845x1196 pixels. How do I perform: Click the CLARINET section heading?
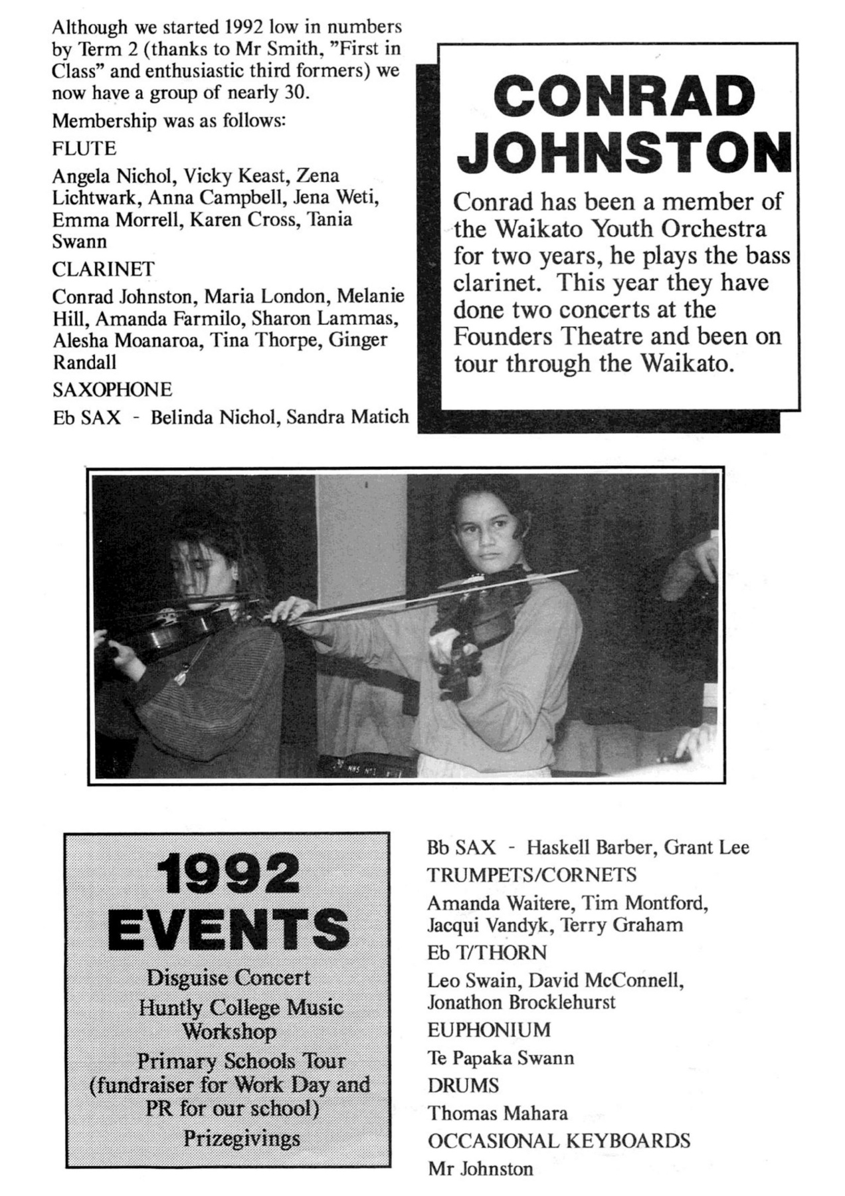click(104, 269)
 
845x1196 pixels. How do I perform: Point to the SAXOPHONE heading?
click(112, 389)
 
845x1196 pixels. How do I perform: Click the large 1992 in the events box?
click(228, 875)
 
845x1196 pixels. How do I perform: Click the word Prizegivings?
click(242, 1139)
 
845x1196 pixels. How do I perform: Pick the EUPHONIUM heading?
click(489, 1030)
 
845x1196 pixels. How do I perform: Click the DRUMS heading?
click(463, 1086)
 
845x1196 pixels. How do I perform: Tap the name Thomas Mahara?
click(498, 1113)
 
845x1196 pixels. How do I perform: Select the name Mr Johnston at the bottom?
click(480, 1169)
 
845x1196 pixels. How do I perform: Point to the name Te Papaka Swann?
click(500, 1058)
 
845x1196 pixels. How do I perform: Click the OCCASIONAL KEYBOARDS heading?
click(559, 1141)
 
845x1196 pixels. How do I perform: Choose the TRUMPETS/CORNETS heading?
click(531, 874)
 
